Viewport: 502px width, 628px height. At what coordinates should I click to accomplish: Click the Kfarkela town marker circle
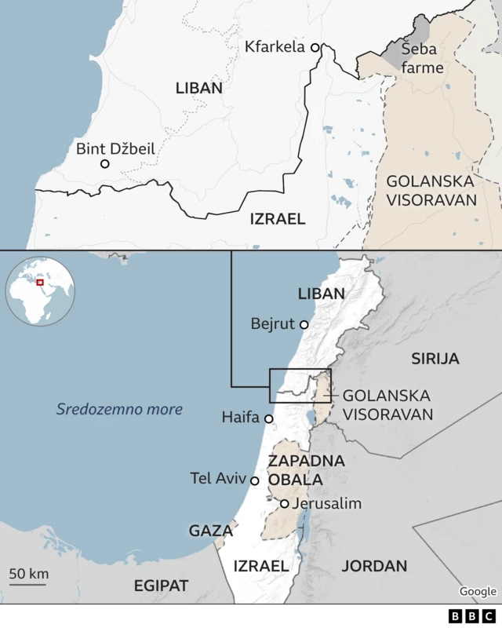[x=315, y=48]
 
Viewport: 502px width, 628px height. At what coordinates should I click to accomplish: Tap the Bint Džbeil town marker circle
[x=104, y=164]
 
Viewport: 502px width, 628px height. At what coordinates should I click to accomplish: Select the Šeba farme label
[x=422, y=58]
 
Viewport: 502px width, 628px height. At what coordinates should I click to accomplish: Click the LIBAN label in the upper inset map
[x=198, y=88]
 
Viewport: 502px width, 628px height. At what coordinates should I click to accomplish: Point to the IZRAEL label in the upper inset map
[x=277, y=219]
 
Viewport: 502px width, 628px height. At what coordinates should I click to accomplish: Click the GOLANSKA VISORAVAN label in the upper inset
[x=431, y=190]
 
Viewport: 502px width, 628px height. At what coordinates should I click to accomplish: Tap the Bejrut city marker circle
[x=304, y=323]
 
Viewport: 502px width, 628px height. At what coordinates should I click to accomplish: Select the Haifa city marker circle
[x=269, y=419]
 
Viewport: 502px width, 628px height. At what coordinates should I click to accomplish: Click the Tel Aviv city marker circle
[x=254, y=480]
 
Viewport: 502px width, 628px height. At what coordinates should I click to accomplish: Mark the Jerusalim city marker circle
[x=285, y=504]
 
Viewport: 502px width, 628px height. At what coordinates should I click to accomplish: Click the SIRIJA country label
[x=435, y=359]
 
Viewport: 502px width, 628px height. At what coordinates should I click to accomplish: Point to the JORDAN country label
[x=374, y=566]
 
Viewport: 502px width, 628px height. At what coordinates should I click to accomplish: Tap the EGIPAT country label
[x=161, y=586]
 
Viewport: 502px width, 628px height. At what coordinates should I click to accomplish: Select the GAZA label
[x=210, y=531]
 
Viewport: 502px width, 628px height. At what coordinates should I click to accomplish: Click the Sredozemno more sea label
[x=119, y=409]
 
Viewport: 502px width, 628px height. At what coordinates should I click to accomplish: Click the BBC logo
[x=472, y=616]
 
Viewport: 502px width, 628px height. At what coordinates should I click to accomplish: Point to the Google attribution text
[x=478, y=592]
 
